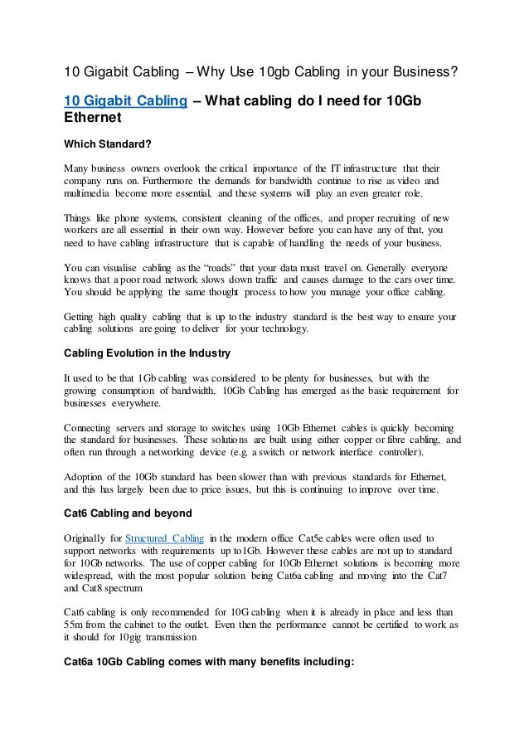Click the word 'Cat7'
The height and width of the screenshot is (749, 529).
[x=444, y=576]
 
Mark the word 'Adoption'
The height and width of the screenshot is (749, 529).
[x=86, y=476]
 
